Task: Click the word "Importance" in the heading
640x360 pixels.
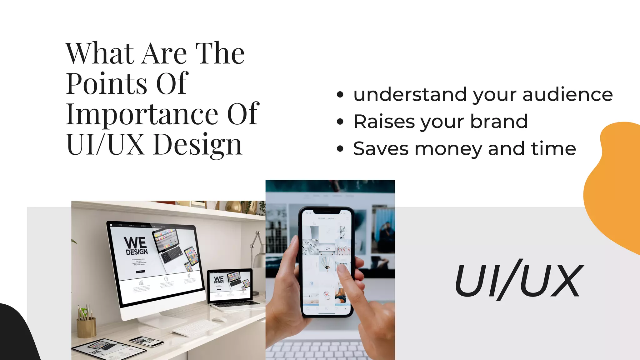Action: (142, 114)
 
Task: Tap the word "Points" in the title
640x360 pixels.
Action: (107, 84)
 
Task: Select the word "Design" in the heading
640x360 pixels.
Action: (198, 145)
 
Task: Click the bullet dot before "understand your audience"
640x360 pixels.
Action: (340, 95)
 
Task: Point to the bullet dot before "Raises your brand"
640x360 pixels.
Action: (340, 122)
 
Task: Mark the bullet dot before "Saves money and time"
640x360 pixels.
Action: (340, 149)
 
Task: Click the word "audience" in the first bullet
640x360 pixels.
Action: (567, 94)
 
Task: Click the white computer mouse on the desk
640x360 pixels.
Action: (220, 319)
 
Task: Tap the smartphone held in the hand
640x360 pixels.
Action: (327, 262)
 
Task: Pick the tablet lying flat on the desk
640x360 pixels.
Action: (100, 348)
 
